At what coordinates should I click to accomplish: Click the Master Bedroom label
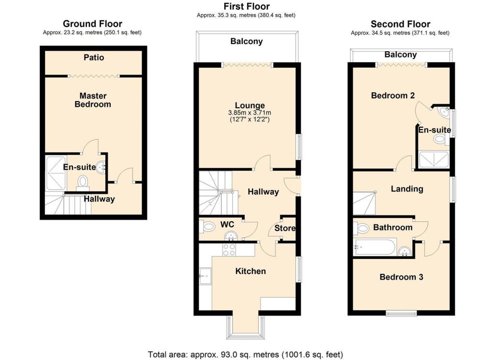93,100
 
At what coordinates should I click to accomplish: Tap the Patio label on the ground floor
94,58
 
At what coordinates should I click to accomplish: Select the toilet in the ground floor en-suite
83,182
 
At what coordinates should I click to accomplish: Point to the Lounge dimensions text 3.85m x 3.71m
249,113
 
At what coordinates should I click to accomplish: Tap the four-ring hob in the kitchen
228,249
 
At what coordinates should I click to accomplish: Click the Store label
285,228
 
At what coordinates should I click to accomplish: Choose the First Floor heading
246,6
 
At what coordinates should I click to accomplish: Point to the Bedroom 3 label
401,277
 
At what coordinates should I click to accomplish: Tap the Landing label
407,189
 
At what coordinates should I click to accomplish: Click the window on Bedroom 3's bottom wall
401,314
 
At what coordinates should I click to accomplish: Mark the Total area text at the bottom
246,354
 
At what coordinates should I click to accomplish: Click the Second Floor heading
400,24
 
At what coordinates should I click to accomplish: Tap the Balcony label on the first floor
246,42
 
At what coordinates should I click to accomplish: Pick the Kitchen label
250,271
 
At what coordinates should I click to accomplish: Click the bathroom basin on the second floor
405,250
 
